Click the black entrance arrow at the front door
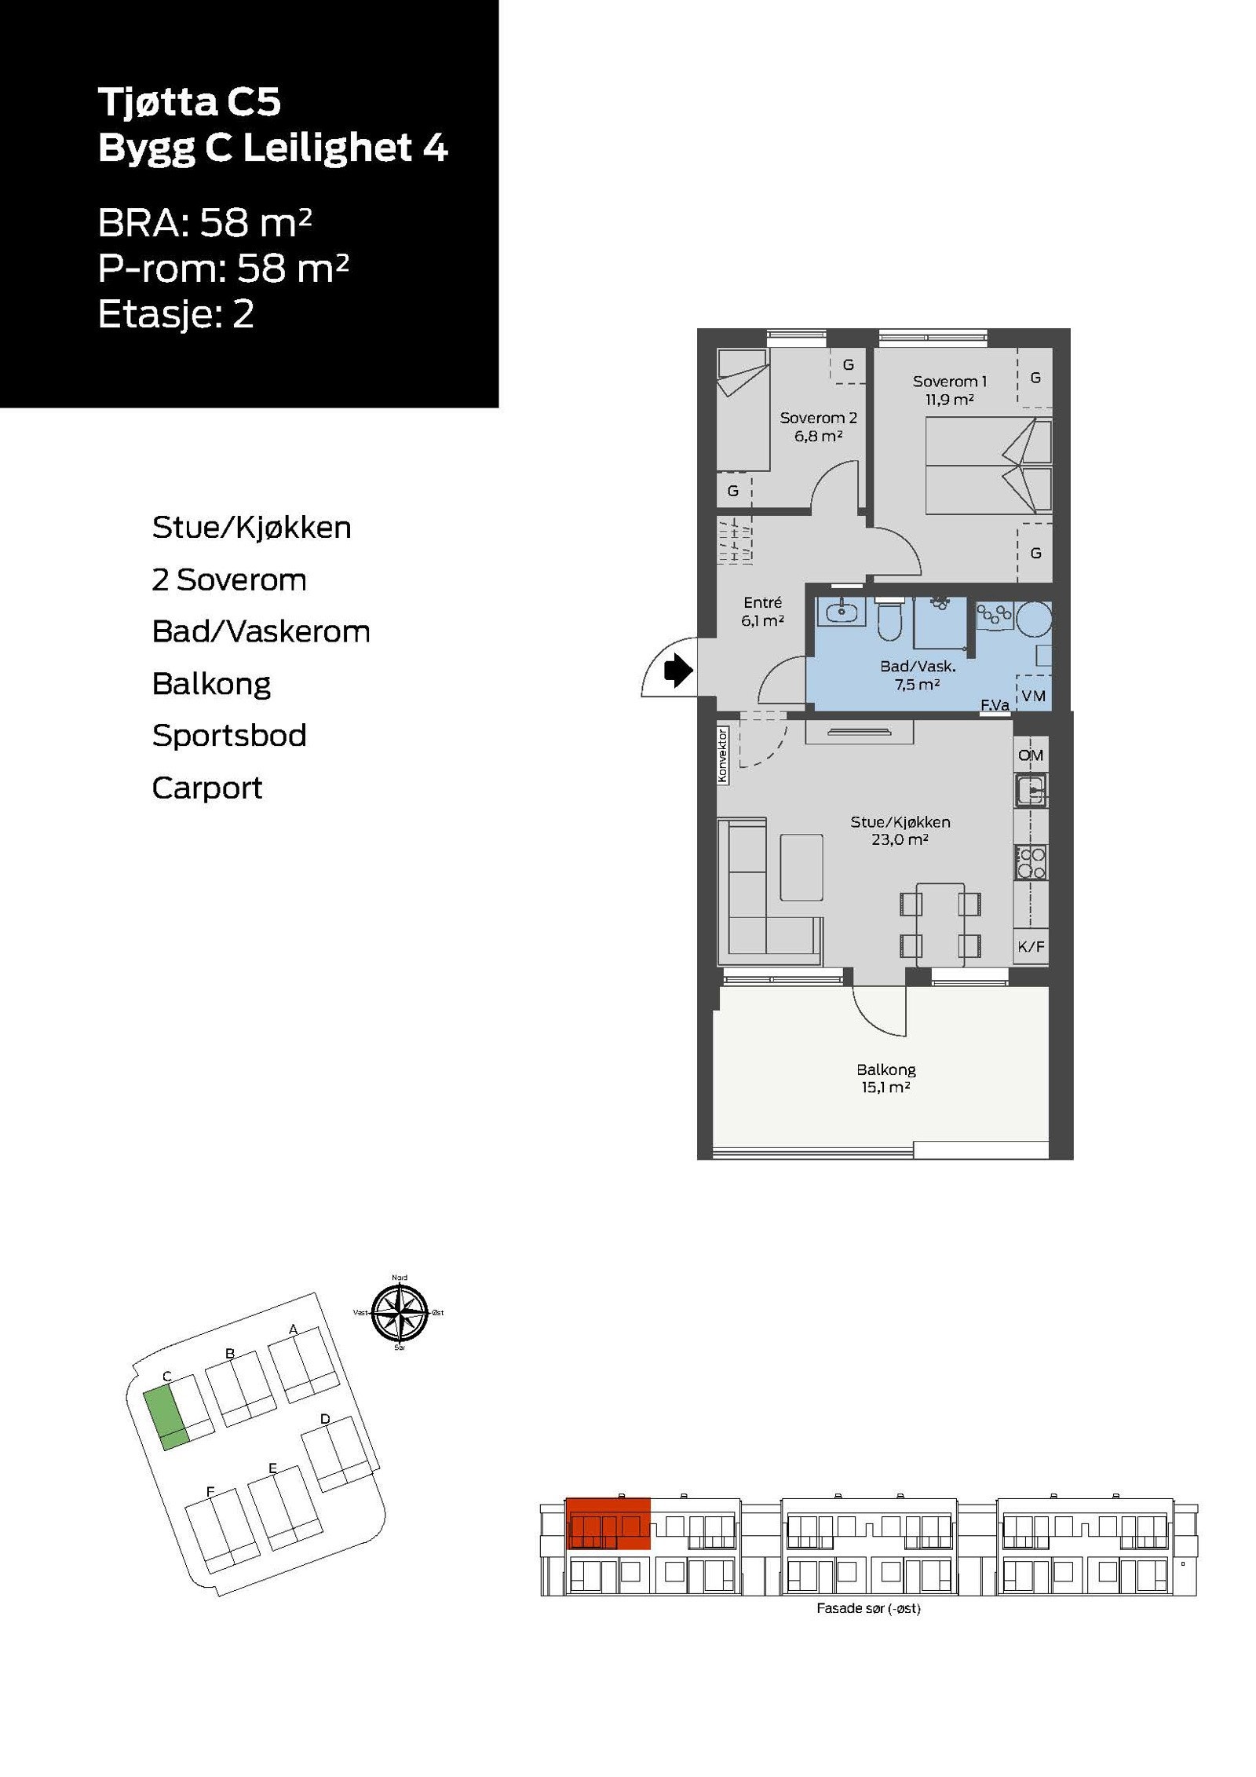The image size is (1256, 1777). tap(677, 671)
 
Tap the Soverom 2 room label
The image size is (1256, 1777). tap(817, 426)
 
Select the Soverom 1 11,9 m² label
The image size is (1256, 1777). tap(948, 390)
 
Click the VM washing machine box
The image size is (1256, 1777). tap(1032, 694)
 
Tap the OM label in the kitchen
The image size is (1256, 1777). tap(1030, 755)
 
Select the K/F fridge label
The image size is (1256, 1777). tap(1031, 946)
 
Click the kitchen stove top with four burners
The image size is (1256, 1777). tap(1031, 862)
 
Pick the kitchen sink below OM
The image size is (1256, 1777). tap(1030, 789)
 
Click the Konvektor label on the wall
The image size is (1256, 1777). tap(722, 755)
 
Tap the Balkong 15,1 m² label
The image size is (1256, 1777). tap(885, 1077)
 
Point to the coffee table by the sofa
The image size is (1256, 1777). tap(801, 867)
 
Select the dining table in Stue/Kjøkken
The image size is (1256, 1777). tap(940, 924)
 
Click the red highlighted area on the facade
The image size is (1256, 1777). tap(608, 1523)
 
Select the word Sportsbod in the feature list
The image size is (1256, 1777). tap(228, 735)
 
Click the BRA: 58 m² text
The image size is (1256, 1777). tap(204, 223)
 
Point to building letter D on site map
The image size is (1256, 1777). tap(325, 1419)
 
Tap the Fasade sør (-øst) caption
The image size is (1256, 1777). tap(867, 1608)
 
